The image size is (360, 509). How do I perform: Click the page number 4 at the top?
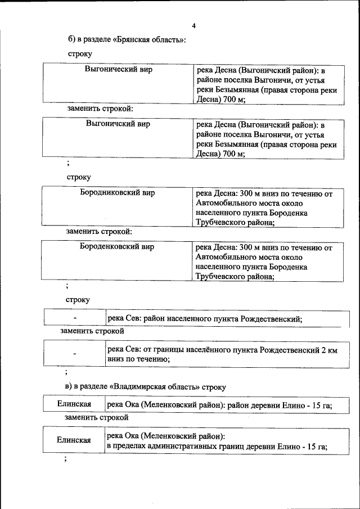pos(193,26)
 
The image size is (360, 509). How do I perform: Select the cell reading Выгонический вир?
pos(118,70)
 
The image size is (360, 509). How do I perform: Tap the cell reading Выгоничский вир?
pos(118,124)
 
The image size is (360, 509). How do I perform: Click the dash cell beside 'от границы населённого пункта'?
pos(74,354)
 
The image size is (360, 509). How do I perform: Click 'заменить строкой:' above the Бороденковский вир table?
pos(100,231)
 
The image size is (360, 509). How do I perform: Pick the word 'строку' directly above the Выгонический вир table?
pos(79,54)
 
